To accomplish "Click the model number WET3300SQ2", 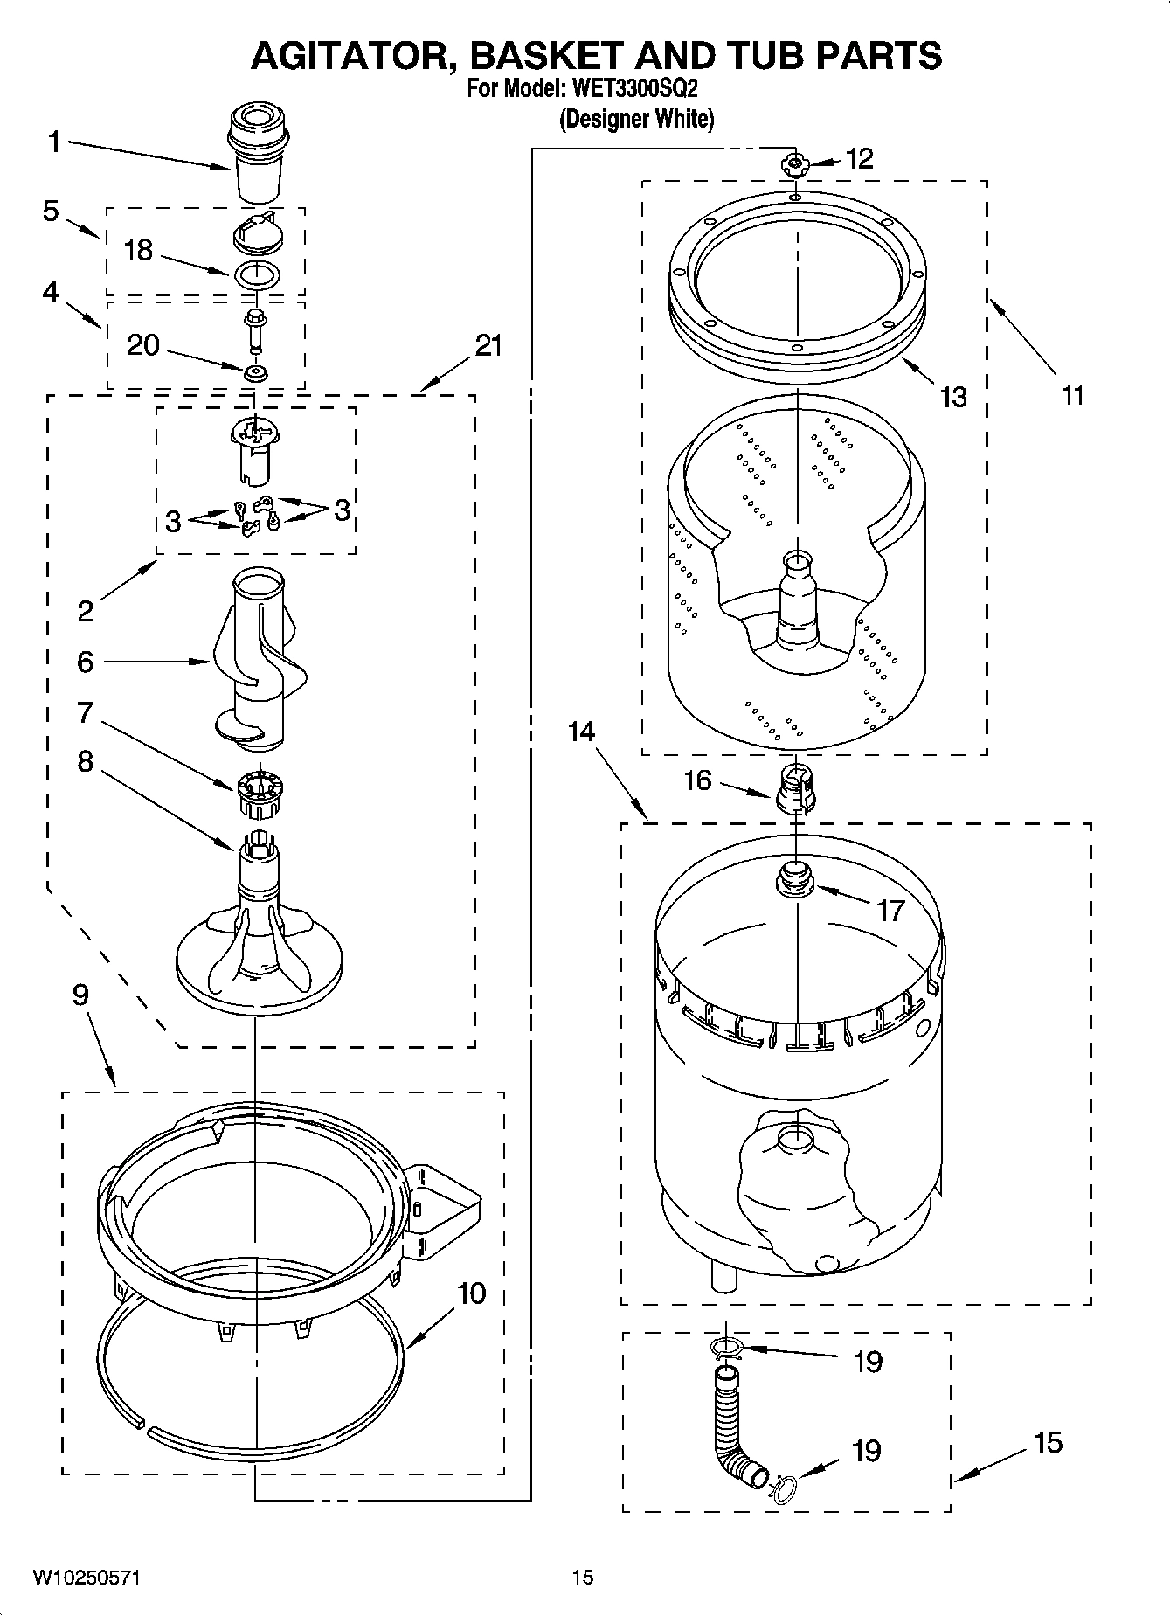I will click(x=634, y=88).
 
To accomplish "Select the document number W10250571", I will click(x=87, y=1578).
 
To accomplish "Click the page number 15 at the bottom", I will click(x=583, y=1578).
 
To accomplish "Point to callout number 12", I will click(x=860, y=158).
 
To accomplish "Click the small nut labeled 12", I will click(x=794, y=163).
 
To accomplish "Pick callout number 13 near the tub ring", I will click(x=953, y=397).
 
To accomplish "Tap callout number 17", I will click(x=890, y=911).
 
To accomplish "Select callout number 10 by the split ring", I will click(x=472, y=1293).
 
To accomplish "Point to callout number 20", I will click(x=143, y=345).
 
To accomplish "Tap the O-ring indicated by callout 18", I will click(x=257, y=274).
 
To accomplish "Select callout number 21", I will click(x=488, y=346).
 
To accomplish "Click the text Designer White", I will click(x=636, y=119).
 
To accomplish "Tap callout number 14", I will click(x=581, y=731).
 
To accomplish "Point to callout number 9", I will click(x=80, y=995).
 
